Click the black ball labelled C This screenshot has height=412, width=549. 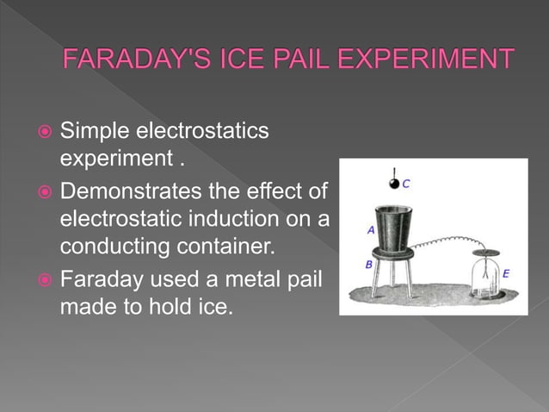(395, 184)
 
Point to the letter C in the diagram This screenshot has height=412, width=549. (406, 183)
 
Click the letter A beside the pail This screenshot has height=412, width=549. (370, 230)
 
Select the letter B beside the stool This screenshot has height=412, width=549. (368, 265)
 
